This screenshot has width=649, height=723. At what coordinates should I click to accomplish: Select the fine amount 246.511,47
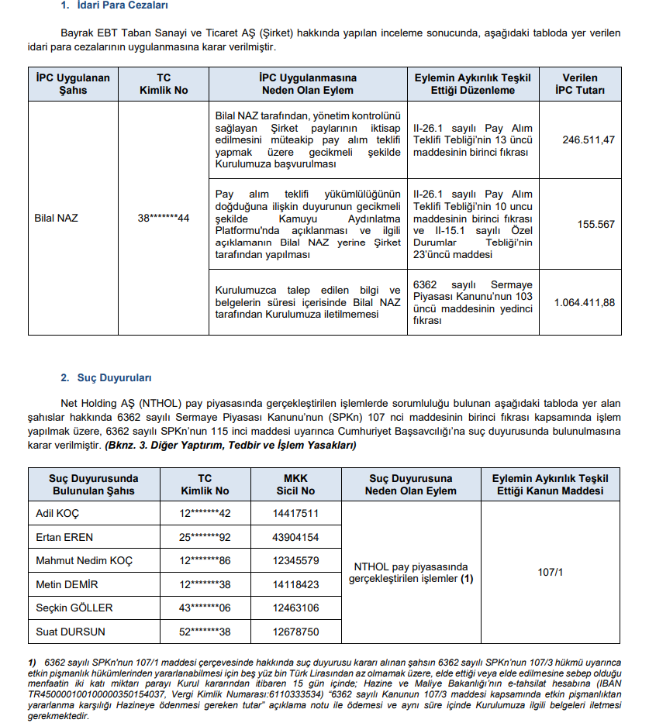(589, 140)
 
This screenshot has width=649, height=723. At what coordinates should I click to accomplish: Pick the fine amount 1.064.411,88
(585, 302)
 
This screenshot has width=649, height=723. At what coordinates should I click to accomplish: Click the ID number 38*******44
(163, 219)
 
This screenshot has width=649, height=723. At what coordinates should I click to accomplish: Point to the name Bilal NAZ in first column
(57, 219)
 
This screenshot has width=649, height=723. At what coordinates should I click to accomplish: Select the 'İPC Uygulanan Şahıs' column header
(73, 84)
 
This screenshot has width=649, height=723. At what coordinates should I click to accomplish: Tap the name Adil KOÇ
(57, 513)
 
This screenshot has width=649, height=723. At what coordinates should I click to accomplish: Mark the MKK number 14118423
(295, 584)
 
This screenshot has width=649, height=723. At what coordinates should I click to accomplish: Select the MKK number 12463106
(295, 608)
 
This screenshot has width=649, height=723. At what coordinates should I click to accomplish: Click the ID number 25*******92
(205, 537)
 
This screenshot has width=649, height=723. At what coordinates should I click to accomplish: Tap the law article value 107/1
(550, 572)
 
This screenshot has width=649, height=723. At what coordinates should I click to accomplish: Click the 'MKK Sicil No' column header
(295, 484)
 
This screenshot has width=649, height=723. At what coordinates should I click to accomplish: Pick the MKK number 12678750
(295, 632)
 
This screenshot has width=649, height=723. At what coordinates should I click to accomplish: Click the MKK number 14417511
(295, 513)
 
